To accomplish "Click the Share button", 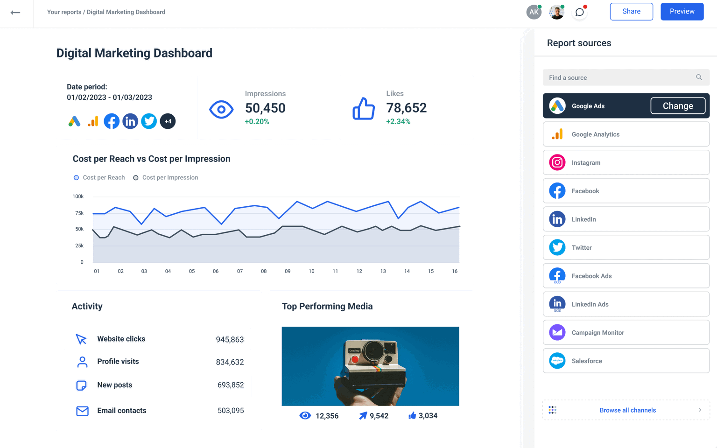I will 631,12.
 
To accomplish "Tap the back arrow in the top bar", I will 15,13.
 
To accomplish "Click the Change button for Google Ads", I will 678,106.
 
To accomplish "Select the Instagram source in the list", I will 626,162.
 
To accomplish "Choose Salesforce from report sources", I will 626,361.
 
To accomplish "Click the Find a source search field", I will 621,77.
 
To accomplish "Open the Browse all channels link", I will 627,410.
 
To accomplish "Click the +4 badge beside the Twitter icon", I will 168,121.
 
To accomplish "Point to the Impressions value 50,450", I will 265,108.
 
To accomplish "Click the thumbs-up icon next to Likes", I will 364,109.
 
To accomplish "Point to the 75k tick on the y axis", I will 79,213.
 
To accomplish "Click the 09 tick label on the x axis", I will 288,271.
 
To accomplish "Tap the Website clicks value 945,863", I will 230,340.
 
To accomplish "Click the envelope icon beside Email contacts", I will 82,411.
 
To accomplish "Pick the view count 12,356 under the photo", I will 327,416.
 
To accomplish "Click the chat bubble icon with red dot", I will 579,12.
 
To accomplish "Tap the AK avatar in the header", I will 534,12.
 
